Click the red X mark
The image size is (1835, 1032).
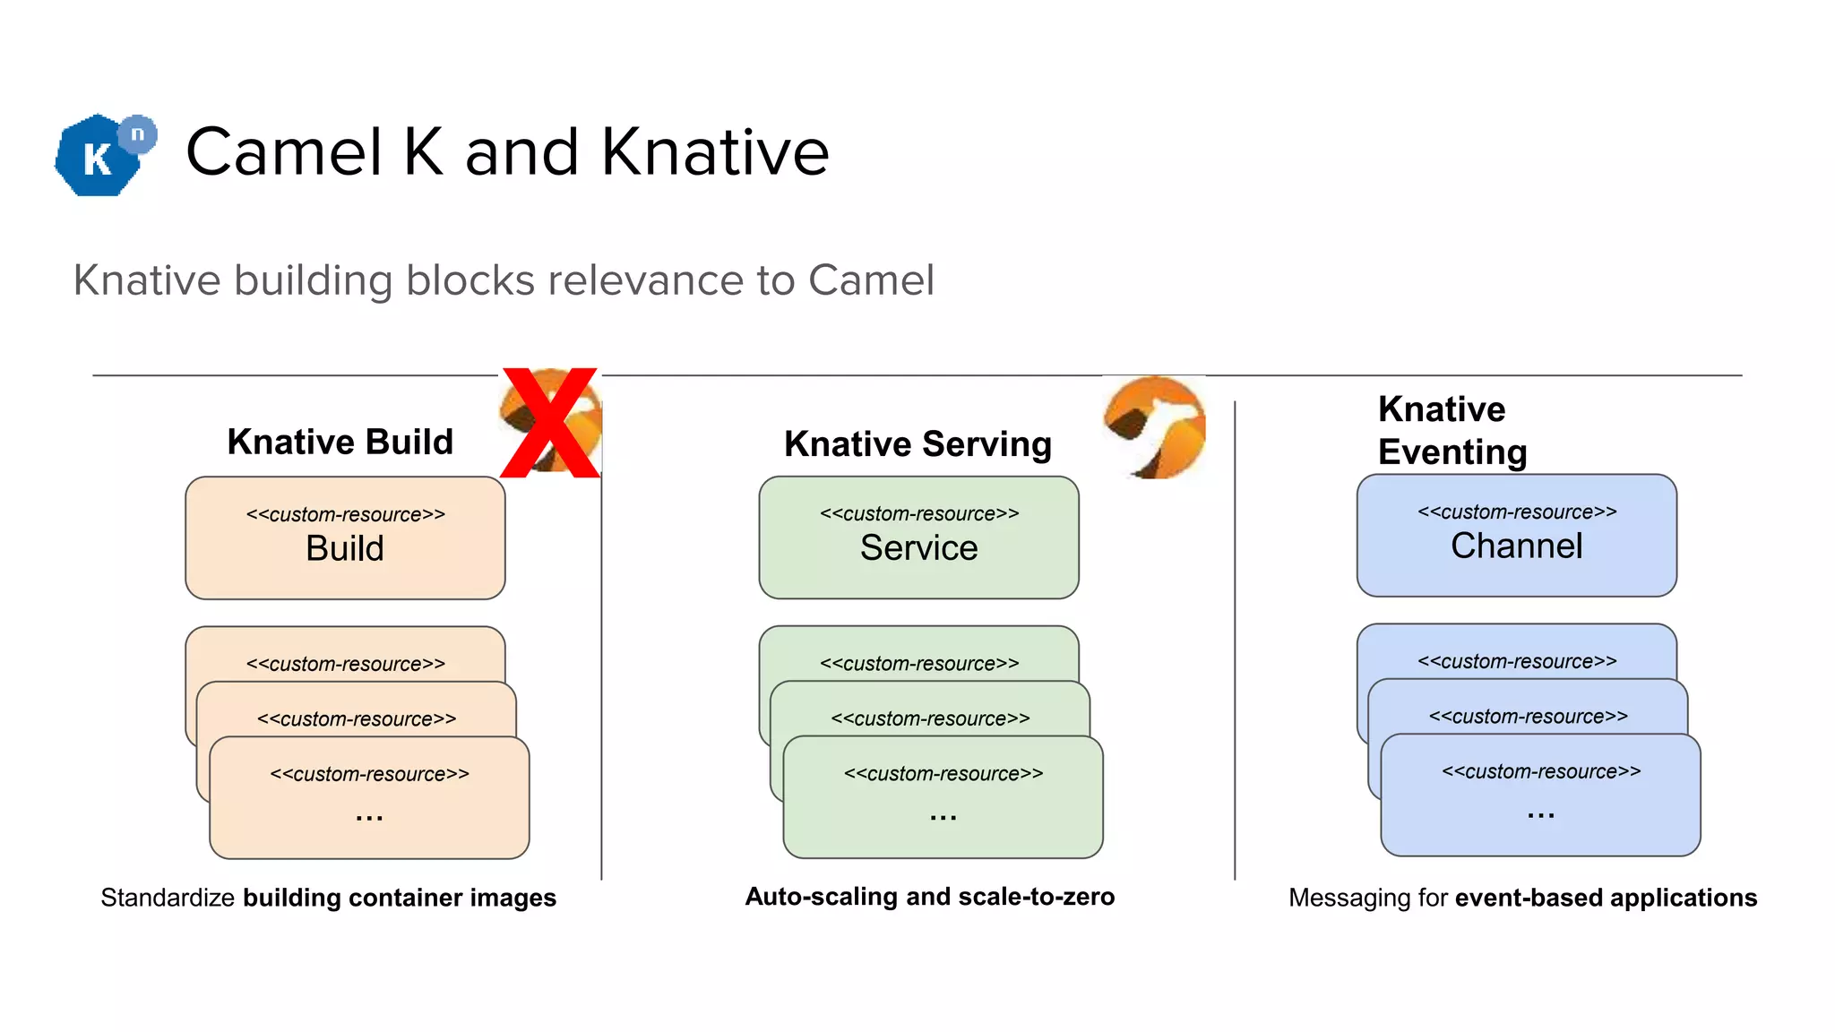549,422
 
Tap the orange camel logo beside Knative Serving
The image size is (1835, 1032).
1155,427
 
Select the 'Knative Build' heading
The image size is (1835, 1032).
340,442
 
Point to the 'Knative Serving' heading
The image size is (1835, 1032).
917,443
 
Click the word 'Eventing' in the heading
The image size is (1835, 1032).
1452,451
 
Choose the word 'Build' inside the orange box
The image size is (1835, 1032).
345,548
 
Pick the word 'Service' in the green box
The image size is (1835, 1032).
918,547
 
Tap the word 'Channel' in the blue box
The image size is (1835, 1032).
1516,546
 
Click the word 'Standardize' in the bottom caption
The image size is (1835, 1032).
168,898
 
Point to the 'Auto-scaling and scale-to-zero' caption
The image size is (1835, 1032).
929,896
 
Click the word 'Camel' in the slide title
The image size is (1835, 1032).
284,151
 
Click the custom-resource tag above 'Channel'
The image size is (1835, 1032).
1516,512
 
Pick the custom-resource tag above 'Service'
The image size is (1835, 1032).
918,513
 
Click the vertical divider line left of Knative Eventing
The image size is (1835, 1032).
1235,641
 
